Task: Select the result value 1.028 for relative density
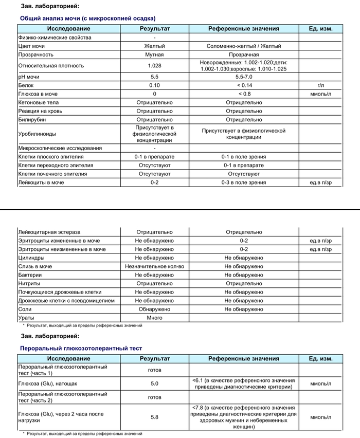click(x=154, y=66)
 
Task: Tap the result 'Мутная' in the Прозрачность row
click(x=154, y=54)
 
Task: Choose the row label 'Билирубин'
click(x=32, y=120)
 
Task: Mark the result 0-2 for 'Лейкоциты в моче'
click(x=154, y=182)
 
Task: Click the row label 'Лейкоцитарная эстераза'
click(x=49, y=232)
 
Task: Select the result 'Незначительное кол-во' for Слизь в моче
click(x=154, y=267)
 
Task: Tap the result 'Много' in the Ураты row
click(x=154, y=318)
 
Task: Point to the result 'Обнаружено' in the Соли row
click(x=154, y=309)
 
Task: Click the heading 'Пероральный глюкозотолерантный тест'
click(x=81, y=348)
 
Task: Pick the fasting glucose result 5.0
click(x=154, y=384)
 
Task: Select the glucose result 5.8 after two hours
click(x=154, y=417)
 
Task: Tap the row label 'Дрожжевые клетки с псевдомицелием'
click(x=66, y=301)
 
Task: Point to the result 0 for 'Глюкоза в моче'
click(x=154, y=94)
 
